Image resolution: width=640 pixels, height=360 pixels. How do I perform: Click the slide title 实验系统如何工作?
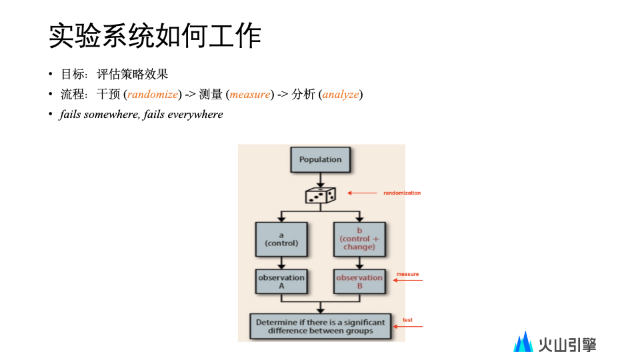pos(155,37)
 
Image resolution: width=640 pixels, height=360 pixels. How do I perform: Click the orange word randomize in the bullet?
pos(153,95)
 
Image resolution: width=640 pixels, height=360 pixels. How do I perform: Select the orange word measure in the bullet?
pos(250,95)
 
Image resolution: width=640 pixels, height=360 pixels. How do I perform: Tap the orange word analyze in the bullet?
pos(341,95)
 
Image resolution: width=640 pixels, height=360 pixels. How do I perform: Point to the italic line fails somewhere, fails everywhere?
pos(141,115)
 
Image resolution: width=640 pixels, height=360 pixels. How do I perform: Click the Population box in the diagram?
pos(320,160)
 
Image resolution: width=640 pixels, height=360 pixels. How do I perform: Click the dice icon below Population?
pos(320,195)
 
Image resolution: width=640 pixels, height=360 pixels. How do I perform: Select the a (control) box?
pos(282,239)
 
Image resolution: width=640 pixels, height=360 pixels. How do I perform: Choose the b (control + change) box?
pos(359,239)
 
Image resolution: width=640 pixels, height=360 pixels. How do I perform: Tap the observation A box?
pos(281,281)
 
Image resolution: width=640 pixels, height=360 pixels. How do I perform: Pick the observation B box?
pos(359,281)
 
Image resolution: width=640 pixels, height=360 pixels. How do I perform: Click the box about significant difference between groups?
pos(320,326)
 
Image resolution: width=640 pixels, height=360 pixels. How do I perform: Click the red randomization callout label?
pos(402,193)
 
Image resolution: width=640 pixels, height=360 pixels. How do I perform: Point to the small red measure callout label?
pos(407,274)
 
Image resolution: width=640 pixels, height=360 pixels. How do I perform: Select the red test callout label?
pos(407,320)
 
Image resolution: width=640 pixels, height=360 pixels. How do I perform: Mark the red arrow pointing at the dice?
pos(363,193)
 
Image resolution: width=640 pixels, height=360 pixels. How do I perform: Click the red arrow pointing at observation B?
pos(408,281)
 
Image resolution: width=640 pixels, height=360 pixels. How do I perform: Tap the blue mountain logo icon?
pos(523,342)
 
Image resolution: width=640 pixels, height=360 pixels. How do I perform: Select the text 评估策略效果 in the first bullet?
pos(133,75)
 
